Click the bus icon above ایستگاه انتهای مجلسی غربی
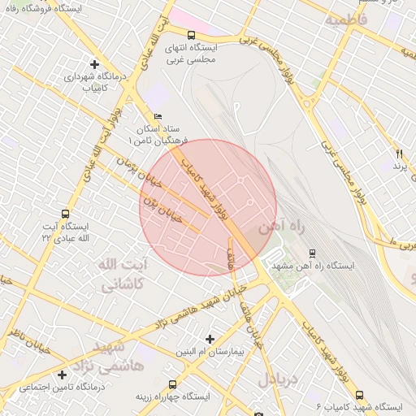[190, 35]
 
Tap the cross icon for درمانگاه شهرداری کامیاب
[95, 63]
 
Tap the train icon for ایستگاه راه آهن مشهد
[313, 253]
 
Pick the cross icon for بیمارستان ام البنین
[210, 338]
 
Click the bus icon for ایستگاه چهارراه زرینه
[172, 383]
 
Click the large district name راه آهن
[280, 229]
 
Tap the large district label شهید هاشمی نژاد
[118, 357]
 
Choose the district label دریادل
[279, 379]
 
